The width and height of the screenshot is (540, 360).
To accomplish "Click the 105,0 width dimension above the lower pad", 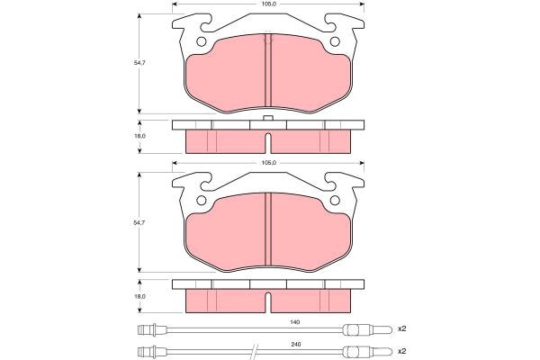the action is [x=269, y=163].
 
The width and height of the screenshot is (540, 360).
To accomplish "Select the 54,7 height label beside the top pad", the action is [x=139, y=63].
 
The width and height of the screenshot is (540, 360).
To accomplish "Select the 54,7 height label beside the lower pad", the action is [x=139, y=222].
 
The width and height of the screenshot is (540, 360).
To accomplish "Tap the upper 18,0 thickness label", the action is [x=139, y=136].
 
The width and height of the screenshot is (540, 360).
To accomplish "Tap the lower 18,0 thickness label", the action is [x=139, y=296].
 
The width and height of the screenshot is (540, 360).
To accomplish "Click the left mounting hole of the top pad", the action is [x=201, y=41].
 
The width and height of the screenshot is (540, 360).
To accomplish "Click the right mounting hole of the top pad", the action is [x=335, y=41].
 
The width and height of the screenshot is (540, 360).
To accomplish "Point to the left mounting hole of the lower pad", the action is [x=201, y=200].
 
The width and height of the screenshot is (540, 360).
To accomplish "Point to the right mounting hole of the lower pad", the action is [x=335, y=200].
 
